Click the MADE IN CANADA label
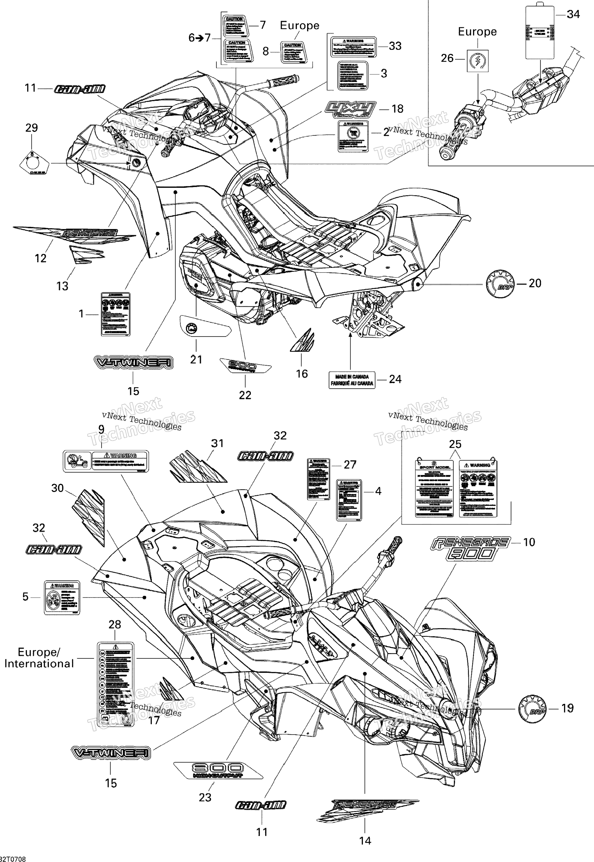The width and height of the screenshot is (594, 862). (x=352, y=380)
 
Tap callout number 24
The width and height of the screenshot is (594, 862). (x=395, y=379)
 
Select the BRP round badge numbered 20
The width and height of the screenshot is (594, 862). (x=500, y=284)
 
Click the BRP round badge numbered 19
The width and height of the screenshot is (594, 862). (x=533, y=709)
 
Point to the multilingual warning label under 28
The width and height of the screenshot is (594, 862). (x=115, y=684)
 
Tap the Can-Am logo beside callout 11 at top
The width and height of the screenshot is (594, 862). (x=80, y=89)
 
